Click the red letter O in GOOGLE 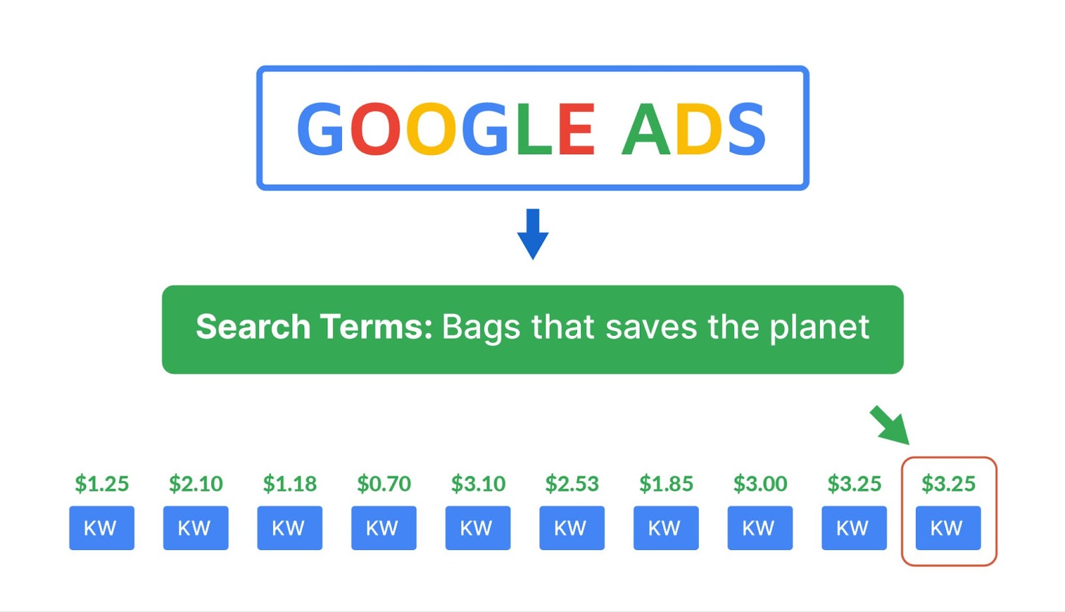point(375,128)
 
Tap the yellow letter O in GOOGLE point(431,128)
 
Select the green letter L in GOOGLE point(534,128)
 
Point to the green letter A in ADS point(646,128)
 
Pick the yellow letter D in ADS point(698,128)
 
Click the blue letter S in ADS point(746,128)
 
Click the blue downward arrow point(533,234)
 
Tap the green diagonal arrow point(889,425)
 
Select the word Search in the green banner point(253,327)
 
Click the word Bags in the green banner point(481,328)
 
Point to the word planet point(819,328)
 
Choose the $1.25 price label point(102,484)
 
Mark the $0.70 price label point(383,484)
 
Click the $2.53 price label point(572,484)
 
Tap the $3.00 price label point(760,484)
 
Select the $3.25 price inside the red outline point(949,484)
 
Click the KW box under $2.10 point(196,528)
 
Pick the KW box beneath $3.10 point(478,528)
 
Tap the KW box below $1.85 point(666,528)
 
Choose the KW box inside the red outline point(948,528)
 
